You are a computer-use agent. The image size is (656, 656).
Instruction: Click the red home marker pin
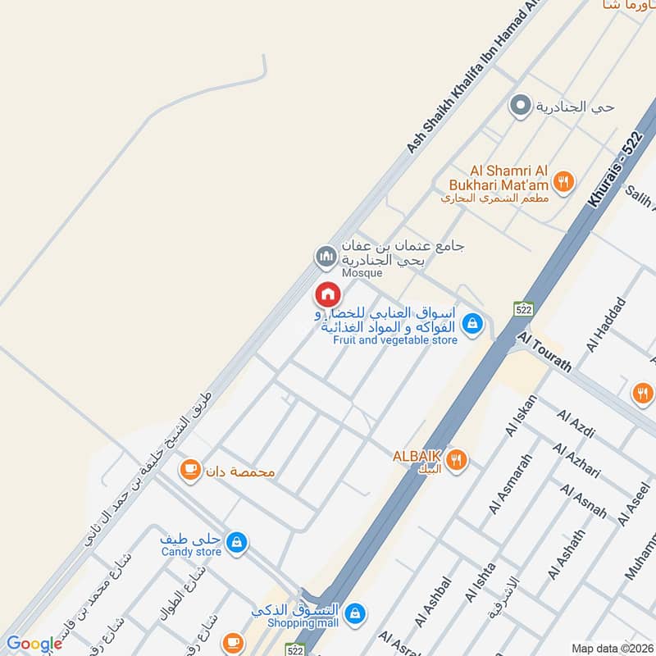[327, 293]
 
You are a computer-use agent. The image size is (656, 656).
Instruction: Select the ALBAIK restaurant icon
[458, 461]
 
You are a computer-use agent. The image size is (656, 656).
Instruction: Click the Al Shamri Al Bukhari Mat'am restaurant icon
[563, 182]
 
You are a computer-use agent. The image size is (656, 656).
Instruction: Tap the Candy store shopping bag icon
[236, 542]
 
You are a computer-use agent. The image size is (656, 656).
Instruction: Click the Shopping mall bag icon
[355, 612]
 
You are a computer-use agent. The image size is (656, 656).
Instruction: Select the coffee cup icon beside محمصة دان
[191, 470]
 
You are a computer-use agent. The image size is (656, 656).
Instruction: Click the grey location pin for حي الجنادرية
[519, 106]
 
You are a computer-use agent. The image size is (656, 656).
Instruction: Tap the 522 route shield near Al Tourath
[524, 309]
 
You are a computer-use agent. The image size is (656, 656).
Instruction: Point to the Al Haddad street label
[606, 325]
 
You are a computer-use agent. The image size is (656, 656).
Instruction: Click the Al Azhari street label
[576, 461]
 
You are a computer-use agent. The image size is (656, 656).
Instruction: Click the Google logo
[34, 644]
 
